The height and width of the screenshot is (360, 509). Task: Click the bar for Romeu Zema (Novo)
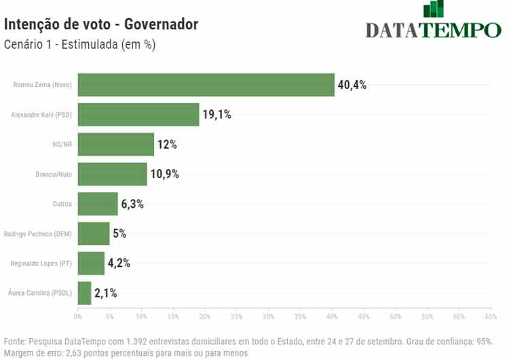[x=206, y=85]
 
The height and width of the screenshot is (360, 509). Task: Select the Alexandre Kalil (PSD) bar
[x=138, y=115]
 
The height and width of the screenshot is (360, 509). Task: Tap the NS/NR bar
[x=116, y=145]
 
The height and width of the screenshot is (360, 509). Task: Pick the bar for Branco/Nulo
[x=113, y=175]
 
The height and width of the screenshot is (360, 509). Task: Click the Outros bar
[x=98, y=204]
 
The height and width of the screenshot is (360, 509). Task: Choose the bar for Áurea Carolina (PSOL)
[x=85, y=293]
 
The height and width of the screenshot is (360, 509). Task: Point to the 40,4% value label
[x=352, y=85]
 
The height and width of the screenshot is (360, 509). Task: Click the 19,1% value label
[x=216, y=115]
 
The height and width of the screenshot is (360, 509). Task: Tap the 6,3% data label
[x=132, y=204]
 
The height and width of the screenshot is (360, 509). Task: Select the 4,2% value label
[x=119, y=264]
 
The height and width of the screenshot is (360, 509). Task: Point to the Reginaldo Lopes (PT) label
[x=41, y=264]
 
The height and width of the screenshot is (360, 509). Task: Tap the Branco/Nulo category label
[x=54, y=175]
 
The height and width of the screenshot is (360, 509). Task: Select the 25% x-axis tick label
[x=237, y=317]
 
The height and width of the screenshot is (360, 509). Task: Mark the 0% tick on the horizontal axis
[x=78, y=317]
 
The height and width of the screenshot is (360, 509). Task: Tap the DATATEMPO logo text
[x=433, y=30]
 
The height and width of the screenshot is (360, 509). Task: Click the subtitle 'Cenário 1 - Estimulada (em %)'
[x=80, y=45]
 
